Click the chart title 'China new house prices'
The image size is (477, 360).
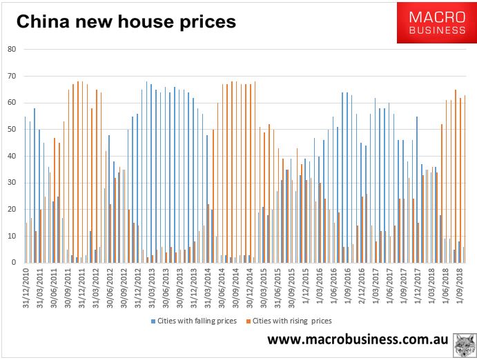(x=126, y=22)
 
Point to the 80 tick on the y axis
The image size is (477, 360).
(x=12, y=49)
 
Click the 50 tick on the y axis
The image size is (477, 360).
(x=12, y=129)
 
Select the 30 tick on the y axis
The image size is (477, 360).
(x=12, y=183)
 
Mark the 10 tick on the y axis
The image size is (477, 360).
(x=12, y=236)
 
